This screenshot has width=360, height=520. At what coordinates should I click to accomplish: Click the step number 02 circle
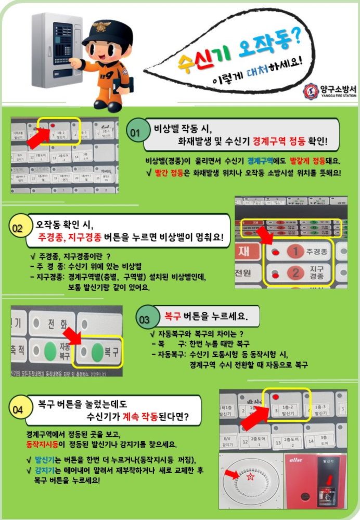click(x=18, y=228)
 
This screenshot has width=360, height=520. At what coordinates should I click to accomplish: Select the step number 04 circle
click(x=18, y=410)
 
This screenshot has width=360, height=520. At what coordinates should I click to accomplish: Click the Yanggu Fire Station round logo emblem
click(x=311, y=92)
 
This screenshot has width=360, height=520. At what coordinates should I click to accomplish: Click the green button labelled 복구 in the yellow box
click(x=97, y=352)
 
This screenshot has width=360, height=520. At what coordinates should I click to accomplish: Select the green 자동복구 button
click(x=49, y=349)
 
